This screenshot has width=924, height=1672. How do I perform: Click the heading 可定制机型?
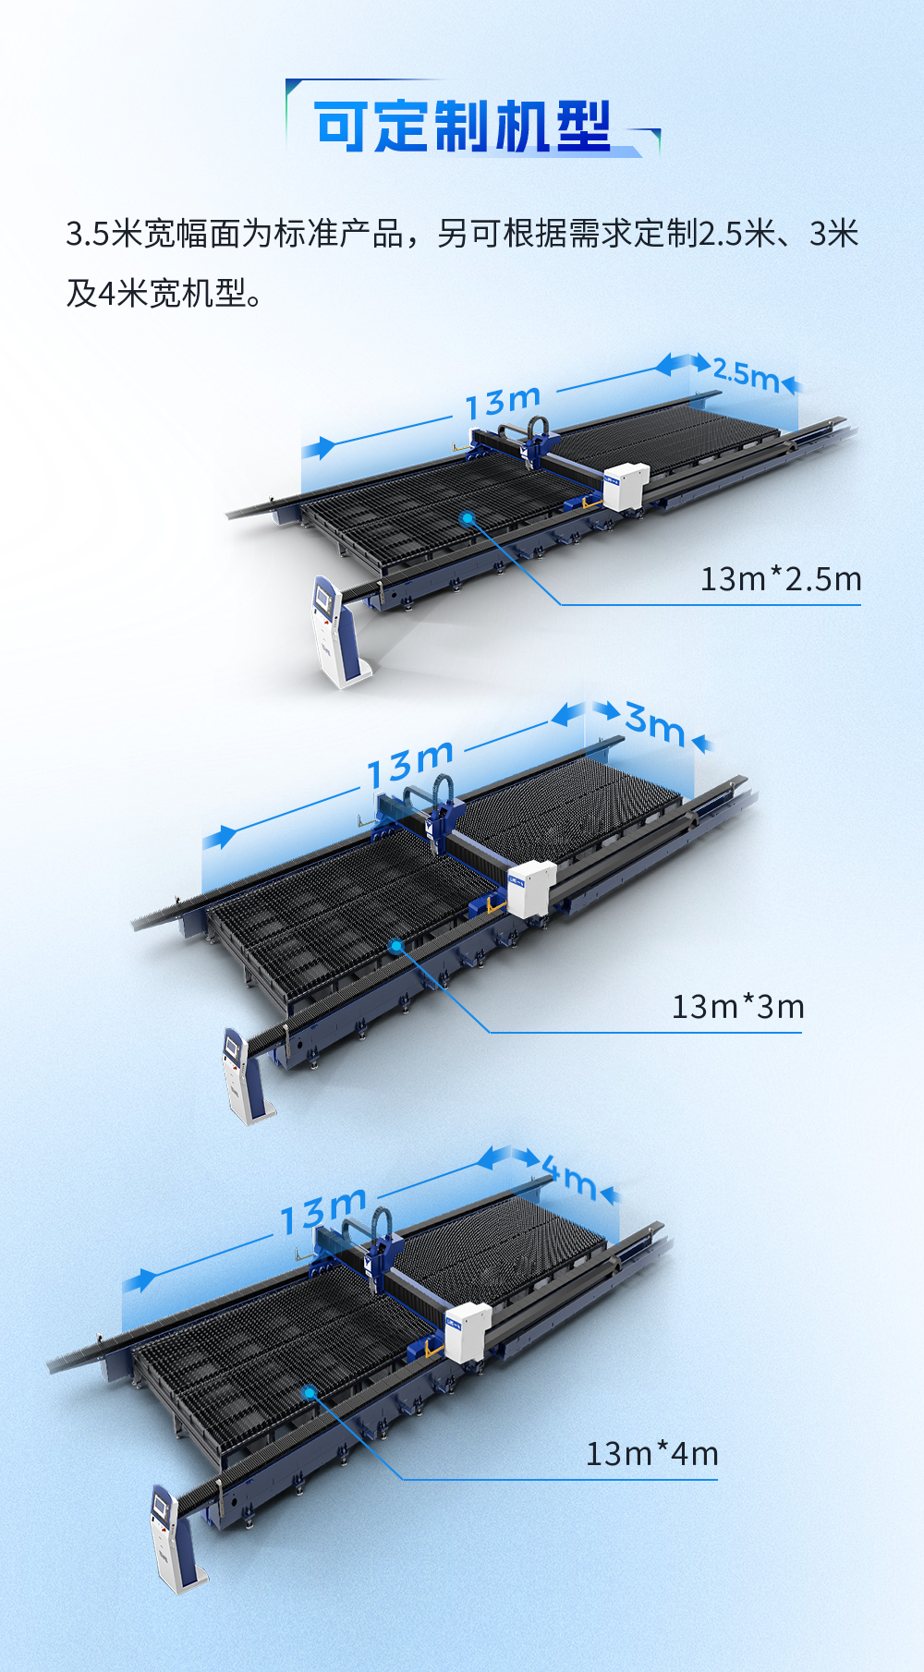tap(462, 127)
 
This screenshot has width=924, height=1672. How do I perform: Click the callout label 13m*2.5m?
tap(781, 579)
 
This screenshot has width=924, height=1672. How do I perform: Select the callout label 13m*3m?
tap(737, 1006)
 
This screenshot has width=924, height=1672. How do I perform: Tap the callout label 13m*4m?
tap(652, 1454)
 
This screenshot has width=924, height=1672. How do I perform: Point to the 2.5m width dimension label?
tap(747, 374)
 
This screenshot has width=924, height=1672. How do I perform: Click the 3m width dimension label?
tap(655, 723)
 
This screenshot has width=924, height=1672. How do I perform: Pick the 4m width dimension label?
tap(569, 1177)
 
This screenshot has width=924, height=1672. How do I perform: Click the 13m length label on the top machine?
tap(503, 401)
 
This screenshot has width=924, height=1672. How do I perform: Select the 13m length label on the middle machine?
tap(410, 764)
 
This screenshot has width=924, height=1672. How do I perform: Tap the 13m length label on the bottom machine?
tap(324, 1211)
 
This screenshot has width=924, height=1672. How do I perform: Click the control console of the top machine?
tap(335, 632)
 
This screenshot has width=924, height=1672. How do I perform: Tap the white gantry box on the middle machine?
tap(531, 888)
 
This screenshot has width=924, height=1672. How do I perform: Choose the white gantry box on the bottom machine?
tap(468, 1331)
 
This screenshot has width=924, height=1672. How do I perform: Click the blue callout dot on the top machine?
tap(468, 518)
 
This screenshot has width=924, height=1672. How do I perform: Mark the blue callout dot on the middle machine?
tap(396, 946)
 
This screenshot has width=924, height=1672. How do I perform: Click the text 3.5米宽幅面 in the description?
tap(153, 235)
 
